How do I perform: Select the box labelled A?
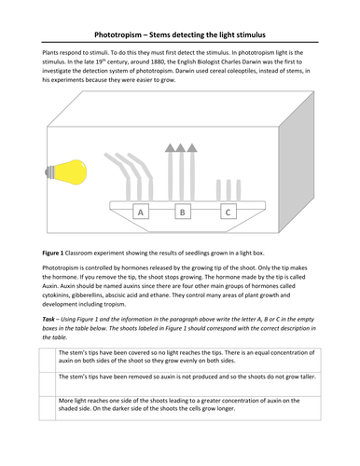click(141, 212)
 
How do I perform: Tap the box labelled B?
click(184, 212)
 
